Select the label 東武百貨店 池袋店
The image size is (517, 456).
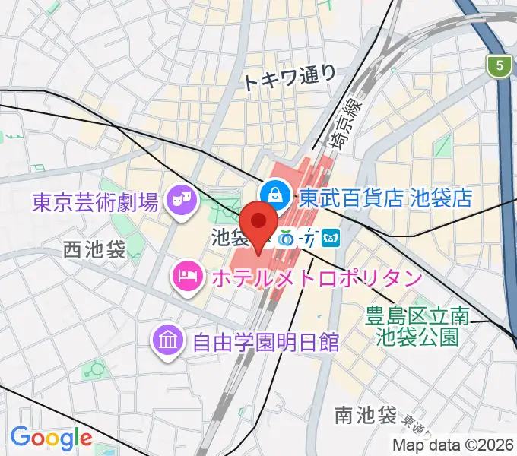(x=385, y=198)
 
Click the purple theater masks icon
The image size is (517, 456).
(x=182, y=201)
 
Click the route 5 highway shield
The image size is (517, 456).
(x=499, y=67)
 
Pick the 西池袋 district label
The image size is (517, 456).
(x=94, y=249)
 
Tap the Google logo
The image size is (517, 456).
(x=51, y=438)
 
